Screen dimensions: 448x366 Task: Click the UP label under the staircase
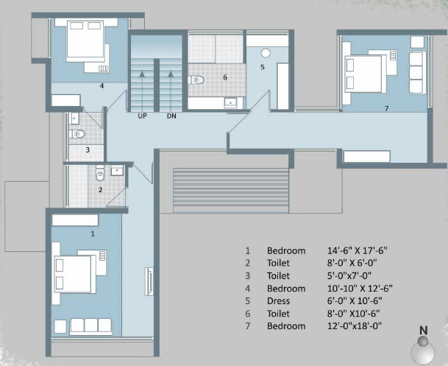[x=142, y=116]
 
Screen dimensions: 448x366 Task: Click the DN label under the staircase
[x=171, y=116]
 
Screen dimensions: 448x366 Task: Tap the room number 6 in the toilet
[x=225, y=77]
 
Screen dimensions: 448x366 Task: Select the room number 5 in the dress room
[x=263, y=67]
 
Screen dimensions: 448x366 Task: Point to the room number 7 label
[x=386, y=108]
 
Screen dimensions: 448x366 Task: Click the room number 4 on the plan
[x=102, y=85]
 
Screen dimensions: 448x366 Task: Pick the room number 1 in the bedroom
[x=93, y=233]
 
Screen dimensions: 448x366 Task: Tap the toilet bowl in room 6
[x=196, y=80]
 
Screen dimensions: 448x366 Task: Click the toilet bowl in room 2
[x=100, y=173]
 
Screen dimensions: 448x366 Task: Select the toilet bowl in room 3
[x=77, y=133]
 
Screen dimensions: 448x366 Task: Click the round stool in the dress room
[x=266, y=53]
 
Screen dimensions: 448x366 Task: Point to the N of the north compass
[x=424, y=331]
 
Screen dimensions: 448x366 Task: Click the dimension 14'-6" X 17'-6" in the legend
[x=357, y=250]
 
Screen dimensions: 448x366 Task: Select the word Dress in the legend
[x=278, y=300]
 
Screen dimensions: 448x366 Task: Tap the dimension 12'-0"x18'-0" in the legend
[x=355, y=326]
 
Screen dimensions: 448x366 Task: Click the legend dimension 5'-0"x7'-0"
[x=349, y=275]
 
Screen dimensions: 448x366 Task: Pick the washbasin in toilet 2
[x=117, y=170]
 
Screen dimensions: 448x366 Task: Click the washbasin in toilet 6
[x=230, y=102]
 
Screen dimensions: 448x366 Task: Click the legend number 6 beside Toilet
[x=248, y=314]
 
